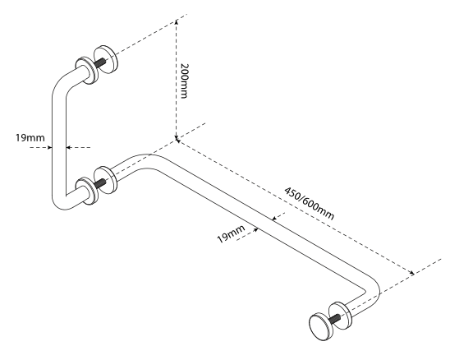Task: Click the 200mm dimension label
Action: pyautogui.click(x=184, y=81)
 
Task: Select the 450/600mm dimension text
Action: pyautogui.click(x=309, y=203)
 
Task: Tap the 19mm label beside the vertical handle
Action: pyautogui.click(x=30, y=138)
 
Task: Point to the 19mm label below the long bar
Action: pyautogui.click(x=231, y=233)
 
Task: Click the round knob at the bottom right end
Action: pyautogui.click(x=321, y=326)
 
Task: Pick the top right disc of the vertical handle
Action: pyautogui.click(x=105, y=59)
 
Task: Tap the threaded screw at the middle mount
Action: pyautogui.click(x=100, y=183)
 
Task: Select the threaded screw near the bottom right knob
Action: pyautogui.click(x=335, y=318)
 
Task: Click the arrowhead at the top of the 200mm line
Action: pyautogui.click(x=177, y=22)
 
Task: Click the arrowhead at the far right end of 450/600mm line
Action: pyautogui.click(x=411, y=272)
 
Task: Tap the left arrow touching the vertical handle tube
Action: pyautogui.click(x=49, y=147)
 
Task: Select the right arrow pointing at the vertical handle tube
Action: pyautogui.click(x=69, y=147)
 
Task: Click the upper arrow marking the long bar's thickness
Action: pyautogui.click(x=274, y=219)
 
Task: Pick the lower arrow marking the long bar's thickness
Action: pyautogui.click(x=255, y=230)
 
